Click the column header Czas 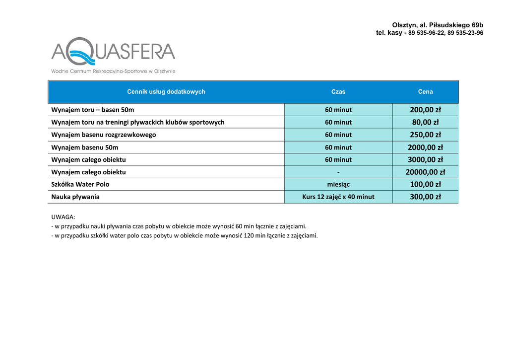tap(338, 92)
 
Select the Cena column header tap(425, 92)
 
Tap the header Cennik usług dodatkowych tap(166, 92)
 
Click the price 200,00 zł tap(425, 110)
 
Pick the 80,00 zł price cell tap(425, 122)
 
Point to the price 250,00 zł tap(425, 135)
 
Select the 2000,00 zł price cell tap(425, 147)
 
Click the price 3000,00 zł tap(425, 160)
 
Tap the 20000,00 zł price tap(425, 172)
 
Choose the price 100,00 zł tap(425, 184)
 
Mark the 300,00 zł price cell tap(425, 197)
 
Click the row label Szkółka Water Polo tap(80, 184)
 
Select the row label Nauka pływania tap(75, 197)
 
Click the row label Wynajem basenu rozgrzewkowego tap(104, 135)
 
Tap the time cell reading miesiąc tap(338, 184)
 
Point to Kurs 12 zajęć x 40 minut tap(338, 197)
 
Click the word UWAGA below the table tap(63, 217)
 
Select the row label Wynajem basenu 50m tap(85, 147)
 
